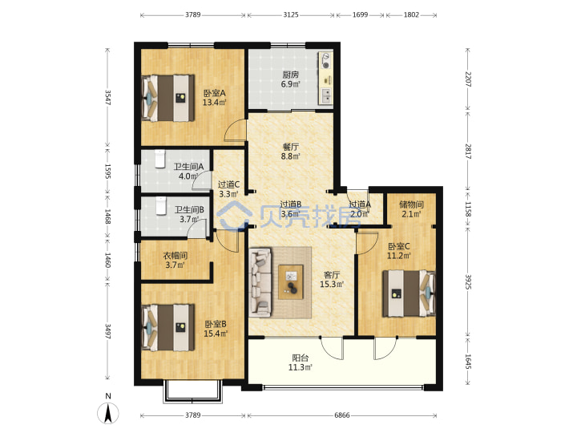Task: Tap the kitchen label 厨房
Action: (290, 75)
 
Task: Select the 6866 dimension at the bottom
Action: (342, 415)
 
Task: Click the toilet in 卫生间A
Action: (159, 159)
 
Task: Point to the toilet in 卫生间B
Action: (160, 206)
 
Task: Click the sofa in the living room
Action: (260, 282)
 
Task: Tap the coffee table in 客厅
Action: (291, 282)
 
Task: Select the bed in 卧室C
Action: (409, 293)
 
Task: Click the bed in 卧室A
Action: (168, 98)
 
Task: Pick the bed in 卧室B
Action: (168, 327)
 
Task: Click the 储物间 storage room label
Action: (411, 204)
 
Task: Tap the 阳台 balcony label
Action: (301, 358)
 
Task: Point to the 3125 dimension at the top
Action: (291, 15)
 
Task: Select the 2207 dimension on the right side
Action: (468, 79)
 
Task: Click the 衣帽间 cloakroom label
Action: (176, 256)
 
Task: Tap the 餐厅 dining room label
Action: (290, 147)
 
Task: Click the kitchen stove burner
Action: (325, 61)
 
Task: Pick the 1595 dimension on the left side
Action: (107, 172)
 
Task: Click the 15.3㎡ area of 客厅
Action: (332, 284)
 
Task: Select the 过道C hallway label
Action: (228, 185)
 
